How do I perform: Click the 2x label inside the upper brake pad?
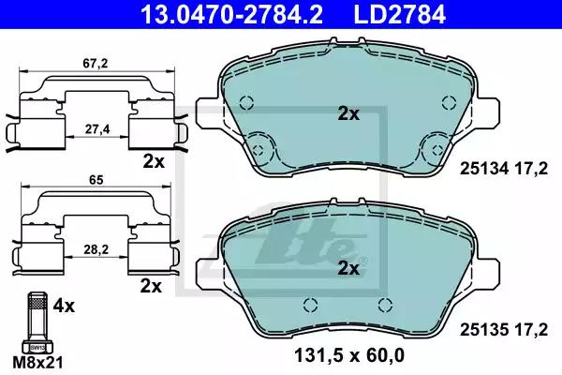[348, 113]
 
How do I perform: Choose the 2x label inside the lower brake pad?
[348, 267]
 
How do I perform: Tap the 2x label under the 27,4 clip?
[154, 160]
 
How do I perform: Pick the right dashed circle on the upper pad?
[436, 146]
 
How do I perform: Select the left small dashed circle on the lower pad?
[310, 303]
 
